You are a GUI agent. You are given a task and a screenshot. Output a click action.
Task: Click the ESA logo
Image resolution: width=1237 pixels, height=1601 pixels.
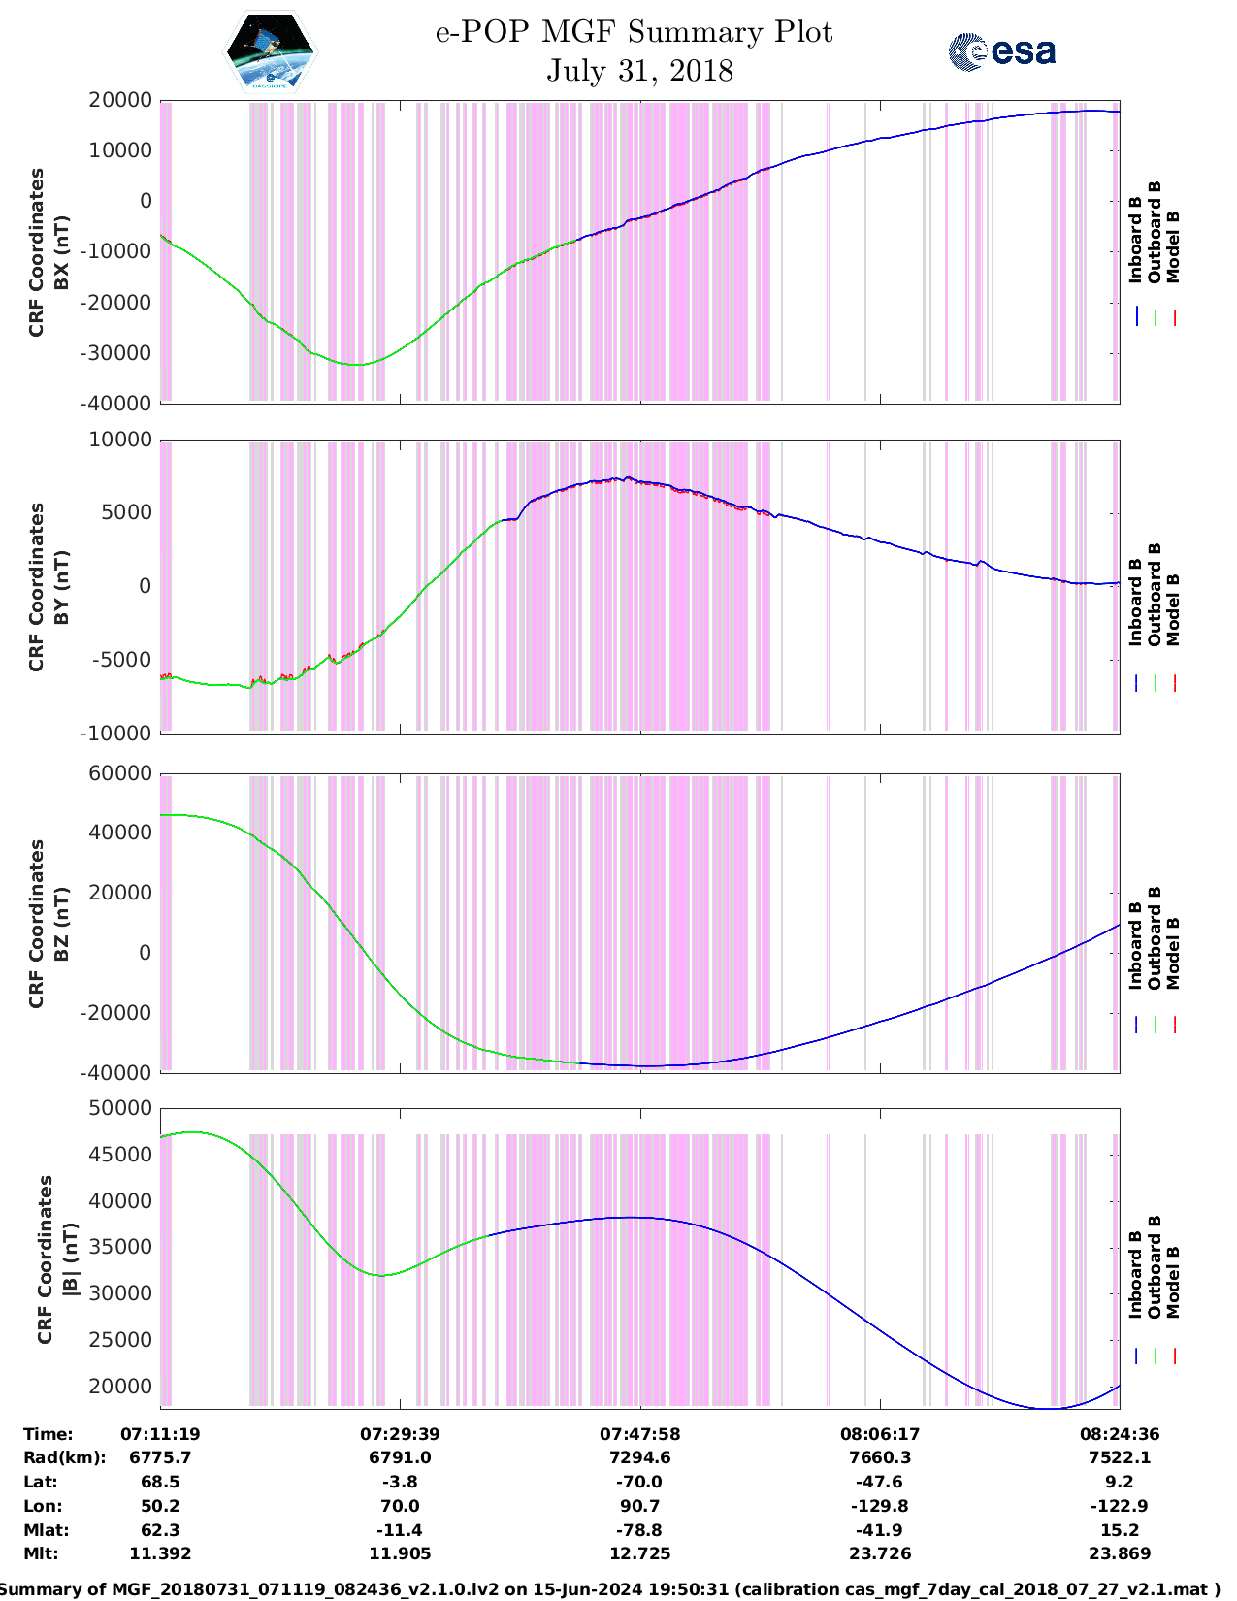(1001, 51)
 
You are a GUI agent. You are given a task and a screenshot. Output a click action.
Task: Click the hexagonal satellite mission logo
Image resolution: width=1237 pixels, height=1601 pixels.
(271, 50)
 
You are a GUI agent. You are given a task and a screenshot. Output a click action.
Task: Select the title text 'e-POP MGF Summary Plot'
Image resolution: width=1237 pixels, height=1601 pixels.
(634, 32)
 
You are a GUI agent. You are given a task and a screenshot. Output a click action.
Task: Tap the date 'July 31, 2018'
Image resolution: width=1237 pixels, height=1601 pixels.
(639, 71)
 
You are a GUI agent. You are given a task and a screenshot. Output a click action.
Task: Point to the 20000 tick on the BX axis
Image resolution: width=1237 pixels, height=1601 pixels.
(119, 100)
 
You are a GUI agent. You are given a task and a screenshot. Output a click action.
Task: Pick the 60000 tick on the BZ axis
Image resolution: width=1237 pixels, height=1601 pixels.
(119, 773)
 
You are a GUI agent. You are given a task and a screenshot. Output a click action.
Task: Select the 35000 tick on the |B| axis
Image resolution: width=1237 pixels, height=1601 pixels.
(119, 1247)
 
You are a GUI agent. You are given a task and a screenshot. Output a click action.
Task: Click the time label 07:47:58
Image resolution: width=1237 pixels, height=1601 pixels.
(639, 1433)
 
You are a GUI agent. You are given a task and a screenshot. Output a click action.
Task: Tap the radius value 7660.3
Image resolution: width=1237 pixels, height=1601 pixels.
(879, 1457)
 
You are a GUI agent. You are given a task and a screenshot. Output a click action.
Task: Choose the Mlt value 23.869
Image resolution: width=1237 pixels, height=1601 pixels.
(1120, 1553)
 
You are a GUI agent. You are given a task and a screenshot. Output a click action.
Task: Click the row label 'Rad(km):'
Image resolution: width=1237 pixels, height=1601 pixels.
(64, 1457)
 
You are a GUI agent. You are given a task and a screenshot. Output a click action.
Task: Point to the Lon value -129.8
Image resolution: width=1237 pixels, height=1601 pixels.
(879, 1506)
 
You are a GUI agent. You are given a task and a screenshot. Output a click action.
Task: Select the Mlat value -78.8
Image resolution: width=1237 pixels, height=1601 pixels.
(639, 1530)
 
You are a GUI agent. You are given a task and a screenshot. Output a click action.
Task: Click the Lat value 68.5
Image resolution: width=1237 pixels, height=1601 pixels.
(160, 1482)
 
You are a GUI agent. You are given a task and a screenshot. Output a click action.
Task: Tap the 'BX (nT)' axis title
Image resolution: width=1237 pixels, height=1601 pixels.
(62, 252)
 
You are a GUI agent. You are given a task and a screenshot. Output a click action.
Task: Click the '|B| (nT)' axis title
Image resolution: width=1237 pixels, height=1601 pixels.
(70, 1259)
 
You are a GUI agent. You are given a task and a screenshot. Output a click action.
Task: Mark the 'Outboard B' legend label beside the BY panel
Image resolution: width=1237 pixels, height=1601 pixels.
(1155, 594)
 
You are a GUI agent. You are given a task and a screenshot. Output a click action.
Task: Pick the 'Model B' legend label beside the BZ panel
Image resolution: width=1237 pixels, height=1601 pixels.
(1173, 953)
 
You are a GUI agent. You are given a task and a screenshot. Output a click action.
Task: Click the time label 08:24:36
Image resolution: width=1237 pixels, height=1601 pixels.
(1120, 1433)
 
